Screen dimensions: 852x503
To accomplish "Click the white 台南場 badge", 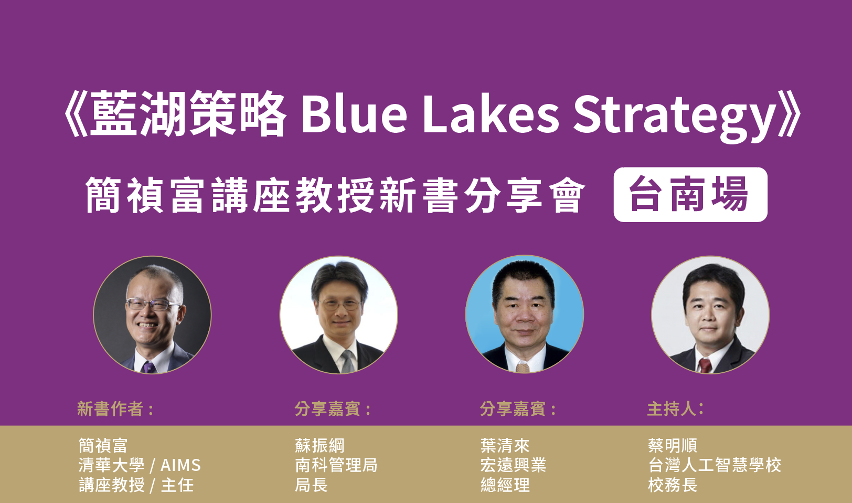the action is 690,194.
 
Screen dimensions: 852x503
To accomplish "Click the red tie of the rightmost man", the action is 705,365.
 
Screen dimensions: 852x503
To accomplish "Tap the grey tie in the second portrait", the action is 348,362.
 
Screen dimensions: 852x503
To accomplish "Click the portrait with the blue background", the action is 525,315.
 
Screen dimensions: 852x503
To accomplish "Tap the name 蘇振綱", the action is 319,445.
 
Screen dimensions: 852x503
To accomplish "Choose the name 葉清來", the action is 505,445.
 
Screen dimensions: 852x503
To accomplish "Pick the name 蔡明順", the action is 673,445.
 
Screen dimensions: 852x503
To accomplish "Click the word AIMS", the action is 180,465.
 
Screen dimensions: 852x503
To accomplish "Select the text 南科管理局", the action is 336,465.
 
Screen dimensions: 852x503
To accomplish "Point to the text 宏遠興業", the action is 513,465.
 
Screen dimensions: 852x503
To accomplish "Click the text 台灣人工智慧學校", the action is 715,465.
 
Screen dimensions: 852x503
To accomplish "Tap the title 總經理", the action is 505,485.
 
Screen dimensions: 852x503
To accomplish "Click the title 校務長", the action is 673,485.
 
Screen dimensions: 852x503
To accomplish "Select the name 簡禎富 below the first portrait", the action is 103,445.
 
